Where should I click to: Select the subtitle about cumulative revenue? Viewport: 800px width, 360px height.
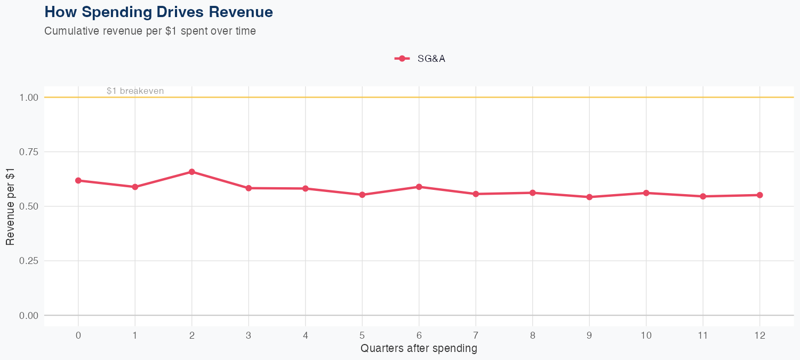pos(150,31)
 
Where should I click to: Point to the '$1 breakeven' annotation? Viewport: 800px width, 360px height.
pos(135,91)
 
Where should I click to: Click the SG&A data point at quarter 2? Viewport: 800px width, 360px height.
pos(191,172)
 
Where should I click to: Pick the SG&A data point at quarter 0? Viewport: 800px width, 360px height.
pos(78,180)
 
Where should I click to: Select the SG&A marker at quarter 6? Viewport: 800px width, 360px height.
pos(419,187)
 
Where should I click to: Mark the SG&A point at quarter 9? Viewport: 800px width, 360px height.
pos(589,197)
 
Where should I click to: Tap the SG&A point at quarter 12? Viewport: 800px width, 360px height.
pos(760,195)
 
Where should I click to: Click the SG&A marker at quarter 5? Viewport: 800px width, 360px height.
pos(362,195)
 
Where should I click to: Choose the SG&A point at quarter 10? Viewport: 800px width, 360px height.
pos(646,193)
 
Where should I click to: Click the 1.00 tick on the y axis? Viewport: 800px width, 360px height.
pos(29,98)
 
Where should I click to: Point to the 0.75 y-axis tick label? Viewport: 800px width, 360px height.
pos(29,152)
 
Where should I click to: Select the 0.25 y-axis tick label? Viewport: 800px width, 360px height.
pos(29,261)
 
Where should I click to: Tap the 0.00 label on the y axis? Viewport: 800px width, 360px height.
pos(29,315)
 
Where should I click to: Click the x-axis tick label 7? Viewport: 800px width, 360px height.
pos(476,335)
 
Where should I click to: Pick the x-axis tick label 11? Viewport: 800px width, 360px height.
pos(703,335)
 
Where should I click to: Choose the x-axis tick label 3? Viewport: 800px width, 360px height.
pos(249,335)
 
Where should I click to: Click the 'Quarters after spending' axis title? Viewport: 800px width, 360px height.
pos(419,349)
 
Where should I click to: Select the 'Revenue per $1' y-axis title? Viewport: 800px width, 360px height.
pos(10,206)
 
